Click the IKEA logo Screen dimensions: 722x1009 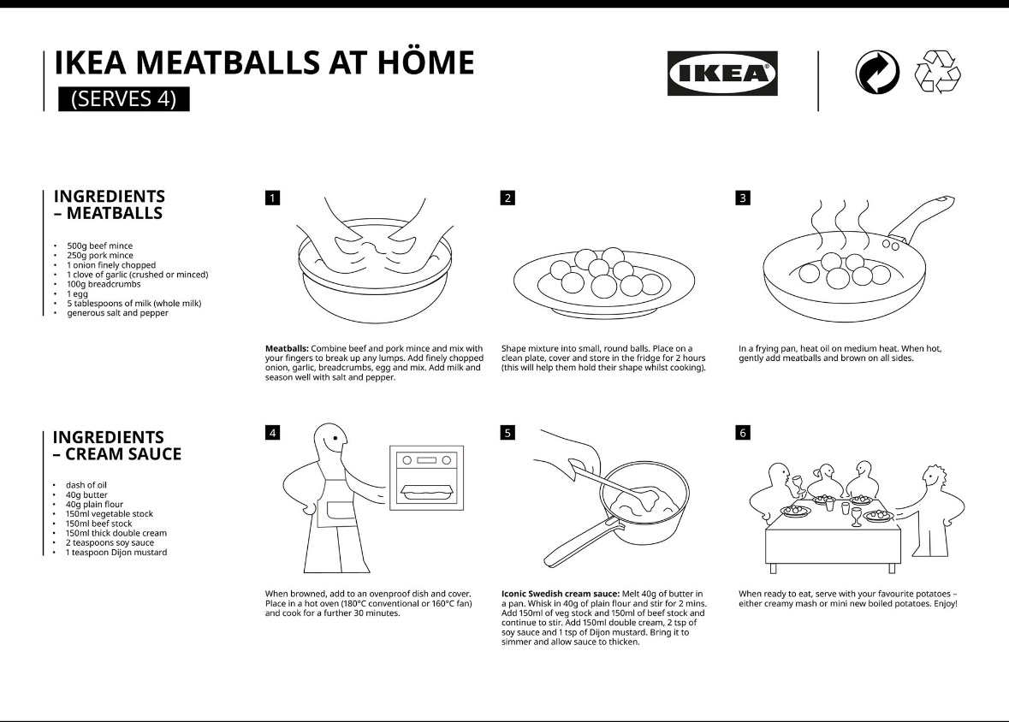721,73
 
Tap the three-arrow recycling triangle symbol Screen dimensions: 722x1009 938,72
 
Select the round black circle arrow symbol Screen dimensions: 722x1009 877,72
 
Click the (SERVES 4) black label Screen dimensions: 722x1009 123,99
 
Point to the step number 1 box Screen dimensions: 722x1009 272,198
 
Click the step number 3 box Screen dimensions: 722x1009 742,198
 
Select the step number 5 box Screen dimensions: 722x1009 507,433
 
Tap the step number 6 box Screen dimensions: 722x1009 742,433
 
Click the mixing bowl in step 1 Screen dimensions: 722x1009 373,287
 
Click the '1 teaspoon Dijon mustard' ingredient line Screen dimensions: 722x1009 116,553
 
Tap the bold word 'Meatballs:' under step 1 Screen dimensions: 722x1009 287,349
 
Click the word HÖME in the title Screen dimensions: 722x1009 421,63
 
